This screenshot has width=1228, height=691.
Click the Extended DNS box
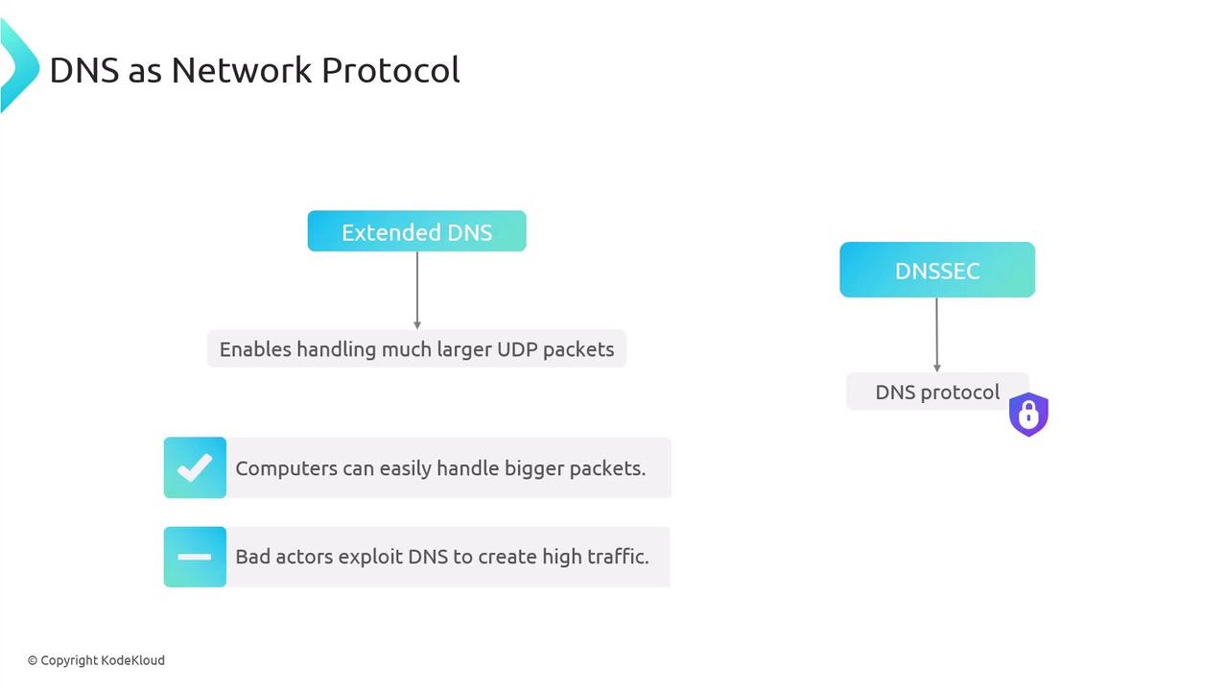tap(416, 231)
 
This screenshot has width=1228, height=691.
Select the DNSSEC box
tap(937, 270)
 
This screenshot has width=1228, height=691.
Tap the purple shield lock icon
tap(1028, 414)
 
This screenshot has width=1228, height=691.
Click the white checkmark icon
tap(195, 467)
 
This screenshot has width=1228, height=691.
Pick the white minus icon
tap(195, 557)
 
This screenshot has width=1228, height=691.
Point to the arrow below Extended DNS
tap(417, 291)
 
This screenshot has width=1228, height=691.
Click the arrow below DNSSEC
tap(937, 335)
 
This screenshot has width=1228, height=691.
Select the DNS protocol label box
tap(937, 392)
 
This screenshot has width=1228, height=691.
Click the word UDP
tap(517, 349)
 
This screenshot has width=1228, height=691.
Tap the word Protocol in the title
tap(390, 70)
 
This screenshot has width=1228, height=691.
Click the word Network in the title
tap(242, 70)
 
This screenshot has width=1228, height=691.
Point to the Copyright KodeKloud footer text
tap(96, 660)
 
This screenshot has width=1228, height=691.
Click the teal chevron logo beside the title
tap(20, 66)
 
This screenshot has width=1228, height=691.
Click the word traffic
tap(619, 557)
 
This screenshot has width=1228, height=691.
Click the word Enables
tap(255, 349)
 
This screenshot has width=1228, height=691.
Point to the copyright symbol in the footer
tap(33, 660)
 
